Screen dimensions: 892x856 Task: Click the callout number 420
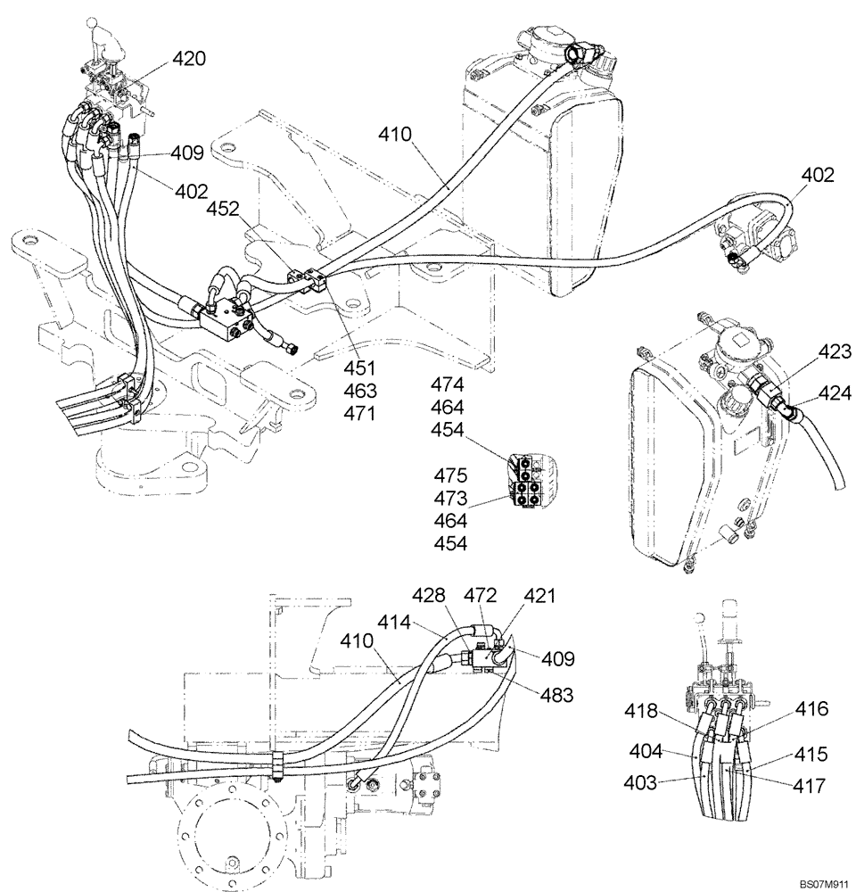tap(189, 60)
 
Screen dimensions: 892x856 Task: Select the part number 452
tap(222, 209)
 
